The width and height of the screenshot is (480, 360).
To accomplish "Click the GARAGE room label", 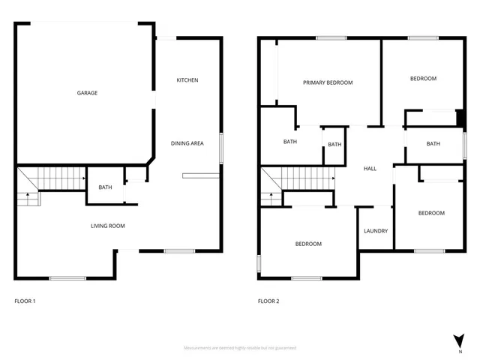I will point(87,93).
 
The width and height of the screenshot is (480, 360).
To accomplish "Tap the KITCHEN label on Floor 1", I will point(187,80).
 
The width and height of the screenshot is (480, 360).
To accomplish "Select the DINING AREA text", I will point(187,143).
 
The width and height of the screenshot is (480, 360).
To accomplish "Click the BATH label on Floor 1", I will point(105,187).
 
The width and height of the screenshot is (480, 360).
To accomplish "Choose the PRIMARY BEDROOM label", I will point(327,82).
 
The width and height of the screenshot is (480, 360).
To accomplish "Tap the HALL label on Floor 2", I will point(370,169).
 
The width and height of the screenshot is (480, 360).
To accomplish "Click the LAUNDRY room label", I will point(375,231).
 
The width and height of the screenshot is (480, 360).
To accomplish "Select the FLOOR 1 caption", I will point(25,301).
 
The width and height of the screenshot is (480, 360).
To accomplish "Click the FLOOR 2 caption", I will point(268,301).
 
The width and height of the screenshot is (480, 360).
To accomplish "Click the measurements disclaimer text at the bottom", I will point(240,348).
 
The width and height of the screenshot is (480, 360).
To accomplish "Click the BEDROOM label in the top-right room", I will point(423,79).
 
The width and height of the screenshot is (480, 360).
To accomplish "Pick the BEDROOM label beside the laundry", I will point(431,214).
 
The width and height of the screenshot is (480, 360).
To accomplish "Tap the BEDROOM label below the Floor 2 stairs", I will point(308,244).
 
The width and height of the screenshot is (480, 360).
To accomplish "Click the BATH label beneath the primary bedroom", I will point(289,142).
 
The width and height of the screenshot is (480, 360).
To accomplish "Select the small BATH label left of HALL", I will point(334,145).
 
